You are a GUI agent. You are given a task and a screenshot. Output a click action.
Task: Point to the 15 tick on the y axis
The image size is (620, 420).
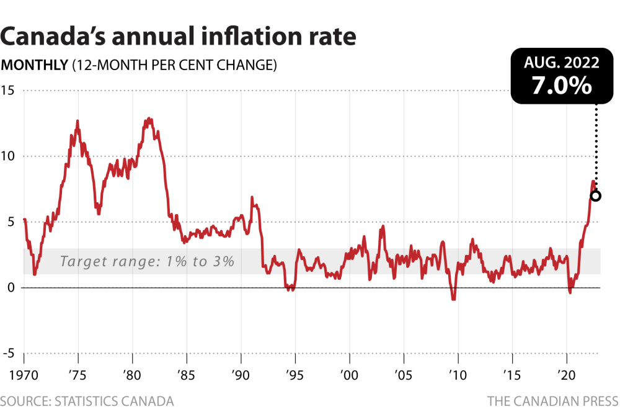(9, 91)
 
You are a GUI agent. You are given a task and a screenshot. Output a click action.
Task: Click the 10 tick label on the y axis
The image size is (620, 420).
(9, 156)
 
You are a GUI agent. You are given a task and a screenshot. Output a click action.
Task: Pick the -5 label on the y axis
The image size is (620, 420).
(9, 354)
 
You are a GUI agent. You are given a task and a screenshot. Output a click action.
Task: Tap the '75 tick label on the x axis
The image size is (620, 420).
(77, 376)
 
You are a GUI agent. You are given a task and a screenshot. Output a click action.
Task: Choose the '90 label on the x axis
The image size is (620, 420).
(241, 376)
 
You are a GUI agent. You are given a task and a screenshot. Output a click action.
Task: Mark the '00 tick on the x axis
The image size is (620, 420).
(349, 376)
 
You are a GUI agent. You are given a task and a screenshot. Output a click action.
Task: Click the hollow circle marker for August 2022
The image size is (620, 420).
(595, 196)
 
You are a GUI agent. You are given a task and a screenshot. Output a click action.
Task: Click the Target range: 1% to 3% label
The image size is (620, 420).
(147, 261)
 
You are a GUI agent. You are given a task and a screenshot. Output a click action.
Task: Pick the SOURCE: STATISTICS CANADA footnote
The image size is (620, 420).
(87, 401)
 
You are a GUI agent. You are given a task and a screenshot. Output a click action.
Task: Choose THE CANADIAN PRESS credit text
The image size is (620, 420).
(552, 401)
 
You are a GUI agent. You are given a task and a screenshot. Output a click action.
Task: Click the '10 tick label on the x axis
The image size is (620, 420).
(458, 376)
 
